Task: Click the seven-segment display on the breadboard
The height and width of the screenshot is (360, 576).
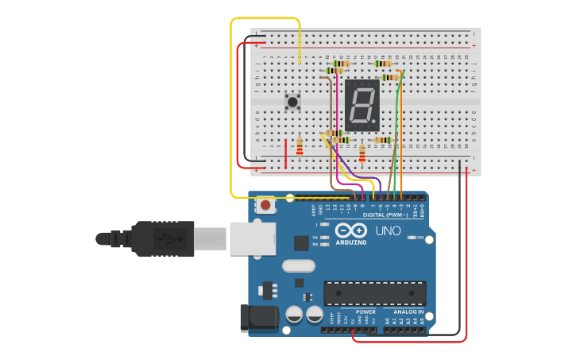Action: click(x=361, y=105)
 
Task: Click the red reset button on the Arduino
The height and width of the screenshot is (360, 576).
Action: click(x=265, y=205)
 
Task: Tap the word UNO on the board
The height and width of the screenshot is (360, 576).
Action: click(x=389, y=230)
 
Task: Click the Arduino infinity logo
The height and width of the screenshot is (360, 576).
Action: click(x=351, y=230)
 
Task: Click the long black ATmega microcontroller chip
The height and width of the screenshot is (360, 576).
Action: click(x=374, y=293)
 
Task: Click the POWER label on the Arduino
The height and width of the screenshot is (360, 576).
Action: click(x=365, y=312)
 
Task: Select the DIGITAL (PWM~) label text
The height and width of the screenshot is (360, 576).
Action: click(x=385, y=215)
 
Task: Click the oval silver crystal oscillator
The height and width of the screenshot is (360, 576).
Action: click(x=299, y=266)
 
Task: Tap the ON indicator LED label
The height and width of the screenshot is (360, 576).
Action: click(x=419, y=238)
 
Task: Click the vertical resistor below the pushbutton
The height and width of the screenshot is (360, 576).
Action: click(x=300, y=148)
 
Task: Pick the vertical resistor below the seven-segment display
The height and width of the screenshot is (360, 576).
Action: click(x=362, y=153)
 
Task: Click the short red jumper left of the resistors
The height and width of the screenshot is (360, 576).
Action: click(x=285, y=153)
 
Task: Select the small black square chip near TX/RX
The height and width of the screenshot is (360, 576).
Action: click(x=301, y=243)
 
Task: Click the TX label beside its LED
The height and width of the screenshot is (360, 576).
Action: click(x=315, y=238)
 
